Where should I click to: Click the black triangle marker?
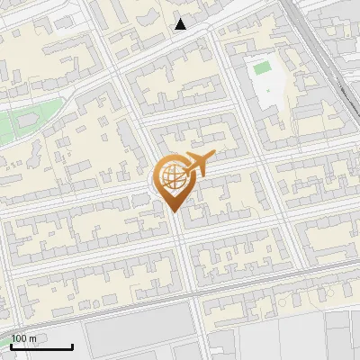tap(181, 24)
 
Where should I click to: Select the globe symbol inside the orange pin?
tap(171, 177)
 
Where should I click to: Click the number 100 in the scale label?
tap(19, 338)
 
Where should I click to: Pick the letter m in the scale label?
tap(32, 338)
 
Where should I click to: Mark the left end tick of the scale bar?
tap(11, 346)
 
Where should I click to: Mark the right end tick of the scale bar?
tap(73, 346)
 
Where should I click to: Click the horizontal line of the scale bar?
tap(41, 347)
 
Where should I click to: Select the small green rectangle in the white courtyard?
tap(262, 67)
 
